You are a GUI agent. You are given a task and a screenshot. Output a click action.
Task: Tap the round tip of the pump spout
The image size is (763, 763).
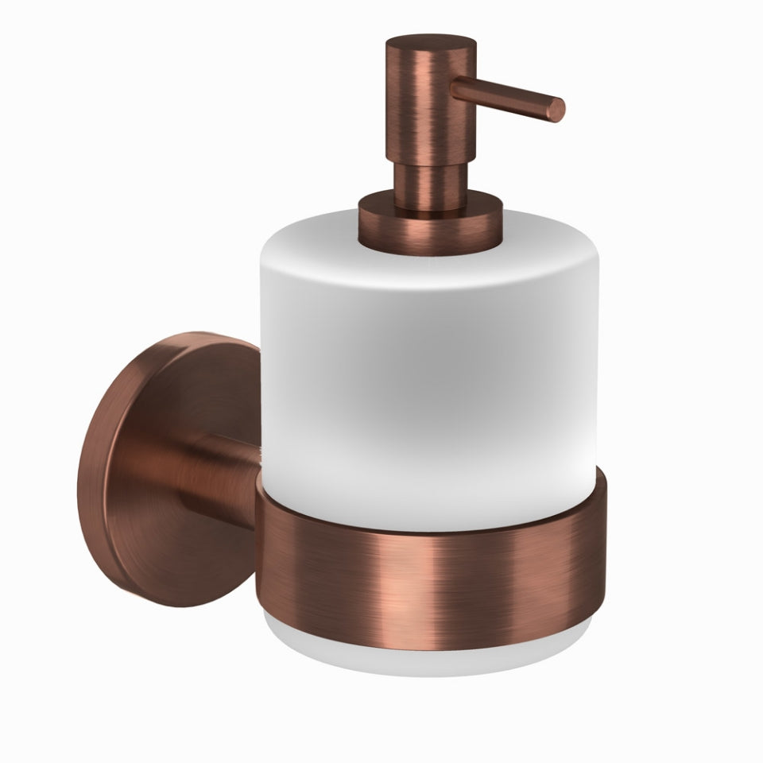pos(559,110)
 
